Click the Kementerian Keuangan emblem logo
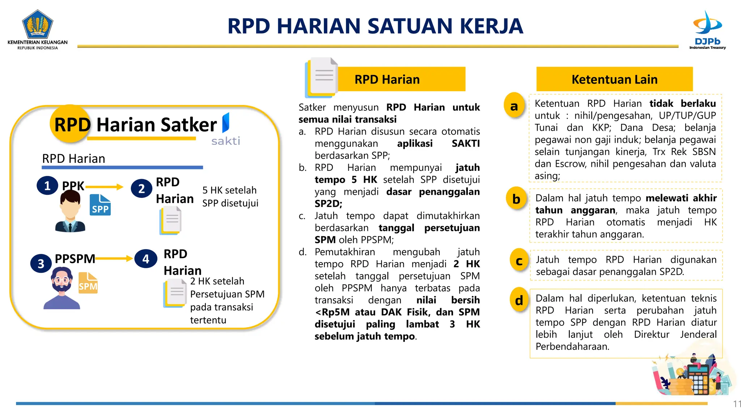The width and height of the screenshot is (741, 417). pos(37,25)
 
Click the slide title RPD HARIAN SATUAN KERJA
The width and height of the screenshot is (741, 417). pos(375,26)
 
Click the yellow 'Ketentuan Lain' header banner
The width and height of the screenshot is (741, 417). pos(614,79)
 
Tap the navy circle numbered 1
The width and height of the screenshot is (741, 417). pos(47,186)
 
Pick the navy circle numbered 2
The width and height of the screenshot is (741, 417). pos(141,189)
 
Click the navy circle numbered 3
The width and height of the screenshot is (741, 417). pos(41,264)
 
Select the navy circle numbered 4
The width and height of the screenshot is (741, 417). pos(145,259)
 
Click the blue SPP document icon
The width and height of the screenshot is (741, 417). pos(100,205)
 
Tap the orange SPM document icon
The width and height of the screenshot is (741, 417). pos(88,283)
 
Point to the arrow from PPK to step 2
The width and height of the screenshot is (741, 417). pos(105,187)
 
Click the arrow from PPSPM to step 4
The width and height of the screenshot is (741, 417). pos(114,258)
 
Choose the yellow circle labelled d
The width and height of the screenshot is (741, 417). pos(519,300)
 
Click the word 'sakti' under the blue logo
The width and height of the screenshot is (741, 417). pos(226,141)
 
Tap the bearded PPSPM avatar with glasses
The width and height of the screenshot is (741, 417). pos(62,288)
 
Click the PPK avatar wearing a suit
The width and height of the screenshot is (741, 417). pos(70,212)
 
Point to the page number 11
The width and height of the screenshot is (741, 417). pos(737,404)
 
